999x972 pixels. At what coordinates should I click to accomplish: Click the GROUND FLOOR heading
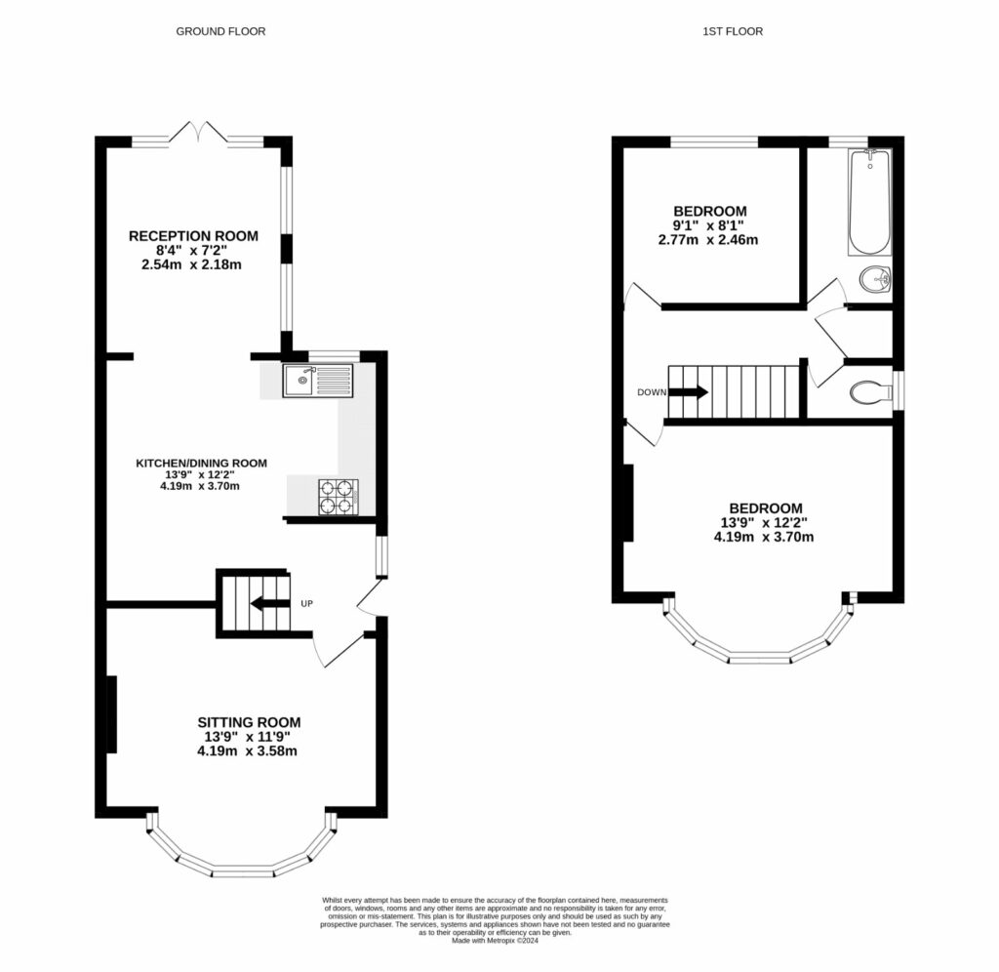point(220,31)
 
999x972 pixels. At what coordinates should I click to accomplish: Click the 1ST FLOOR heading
point(733,31)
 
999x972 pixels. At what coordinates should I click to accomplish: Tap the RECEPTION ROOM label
point(193,235)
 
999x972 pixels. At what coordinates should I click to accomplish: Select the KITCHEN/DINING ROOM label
point(201,463)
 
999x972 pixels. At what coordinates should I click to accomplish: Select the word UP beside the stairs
point(306,604)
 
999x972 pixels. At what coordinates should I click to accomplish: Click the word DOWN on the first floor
point(651,392)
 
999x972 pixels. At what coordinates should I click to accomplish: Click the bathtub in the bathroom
point(868,202)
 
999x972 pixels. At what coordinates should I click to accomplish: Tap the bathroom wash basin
point(874,281)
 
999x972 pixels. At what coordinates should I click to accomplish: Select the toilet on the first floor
point(869,392)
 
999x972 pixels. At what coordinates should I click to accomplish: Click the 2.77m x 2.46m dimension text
point(709,239)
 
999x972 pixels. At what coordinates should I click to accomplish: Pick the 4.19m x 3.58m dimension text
point(247,750)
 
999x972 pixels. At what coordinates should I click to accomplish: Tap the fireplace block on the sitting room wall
point(111,713)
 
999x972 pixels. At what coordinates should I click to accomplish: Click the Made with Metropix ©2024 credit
point(496,941)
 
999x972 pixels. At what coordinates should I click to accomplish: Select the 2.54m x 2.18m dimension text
point(193,264)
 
